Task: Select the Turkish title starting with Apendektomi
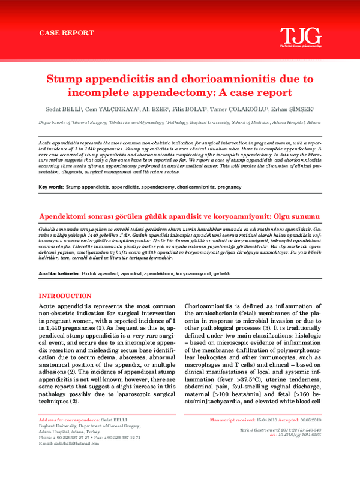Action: pos(180,216)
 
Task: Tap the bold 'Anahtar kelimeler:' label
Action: pos(59,273)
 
